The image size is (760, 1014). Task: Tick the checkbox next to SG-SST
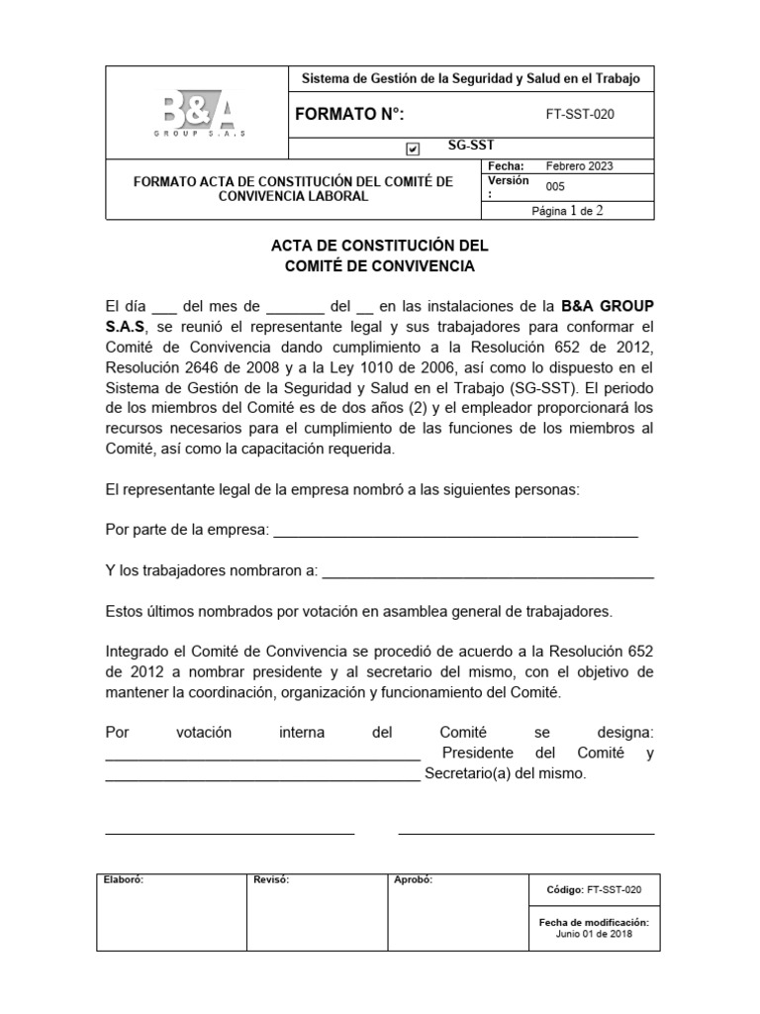(x=413, y=149)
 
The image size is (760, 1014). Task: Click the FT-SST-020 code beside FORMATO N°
(x=580, y=114)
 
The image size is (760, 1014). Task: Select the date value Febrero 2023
(x=586, y=166)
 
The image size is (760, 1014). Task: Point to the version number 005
(x=556, y=185)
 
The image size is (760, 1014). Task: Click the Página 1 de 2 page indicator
(x=567, y=210)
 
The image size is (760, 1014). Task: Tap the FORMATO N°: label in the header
(x=349, y=114)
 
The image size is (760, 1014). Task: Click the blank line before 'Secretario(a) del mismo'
(x=262, y=775)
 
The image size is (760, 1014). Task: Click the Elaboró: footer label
(x=124, y=879)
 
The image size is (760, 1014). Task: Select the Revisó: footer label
(x=271, y=879)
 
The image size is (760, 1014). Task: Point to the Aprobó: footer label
(x=413, y=879)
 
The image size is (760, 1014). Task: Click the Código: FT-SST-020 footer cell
(x=594, y=889)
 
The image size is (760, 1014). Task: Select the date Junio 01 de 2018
(x=594, y=933)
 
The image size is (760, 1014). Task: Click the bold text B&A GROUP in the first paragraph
(x=607, y=306)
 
